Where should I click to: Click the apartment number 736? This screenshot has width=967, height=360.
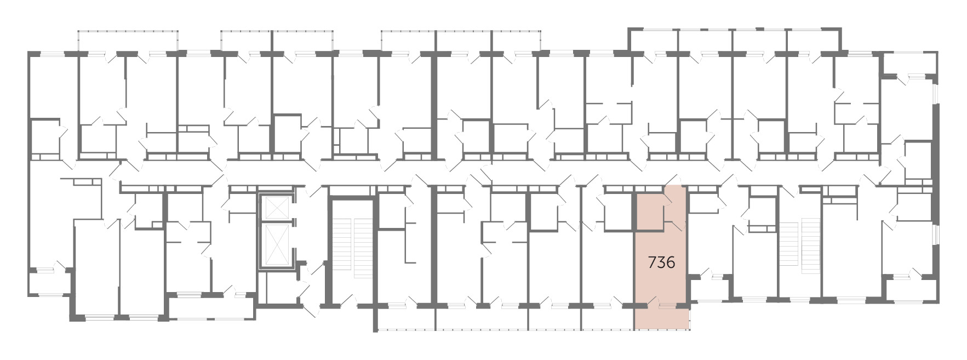pyautogui.click(x=661, y=263)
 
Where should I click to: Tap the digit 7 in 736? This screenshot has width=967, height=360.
pyautogui.click(x=652, y=263)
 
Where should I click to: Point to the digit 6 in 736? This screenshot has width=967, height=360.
pyautogui.click(x=670, y=263)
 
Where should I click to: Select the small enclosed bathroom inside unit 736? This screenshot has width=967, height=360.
pyautogui.click(x=649, y=210)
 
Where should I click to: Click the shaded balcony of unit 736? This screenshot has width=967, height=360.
pyautogui.click(x=662, y=318)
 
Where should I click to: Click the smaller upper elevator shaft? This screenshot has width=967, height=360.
pyautogui.click(x=276, y=207)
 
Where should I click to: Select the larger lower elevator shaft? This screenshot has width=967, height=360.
pyautogui.click(x=276, y=244)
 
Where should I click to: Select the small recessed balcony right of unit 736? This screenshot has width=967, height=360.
pyautogui.click(x=711, y=289)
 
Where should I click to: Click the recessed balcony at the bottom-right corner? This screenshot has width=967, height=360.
pyautogui.click(x=910, y=289)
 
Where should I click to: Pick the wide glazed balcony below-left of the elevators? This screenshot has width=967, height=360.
pyautogui.click(x=211, y=307)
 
